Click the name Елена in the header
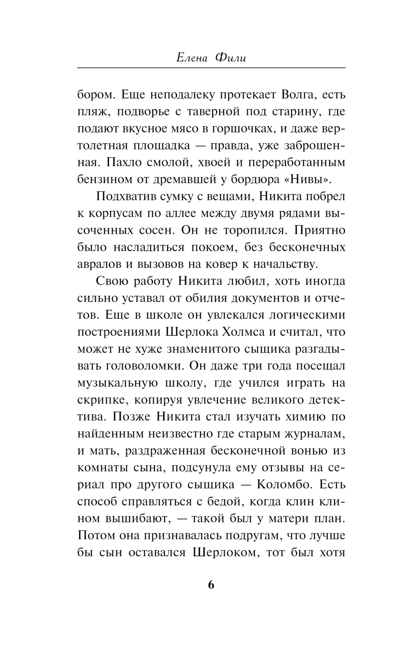point(191,58)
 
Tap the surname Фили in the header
point(230,58)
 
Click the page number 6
point(211,585)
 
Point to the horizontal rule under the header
point(211,68)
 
